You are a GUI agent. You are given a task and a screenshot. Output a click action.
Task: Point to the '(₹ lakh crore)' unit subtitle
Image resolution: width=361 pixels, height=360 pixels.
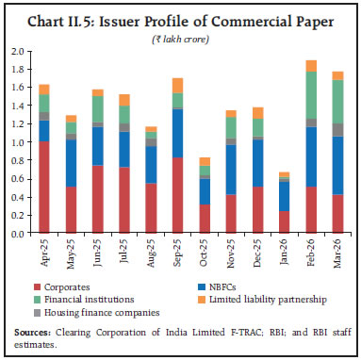tap(180, 35)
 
